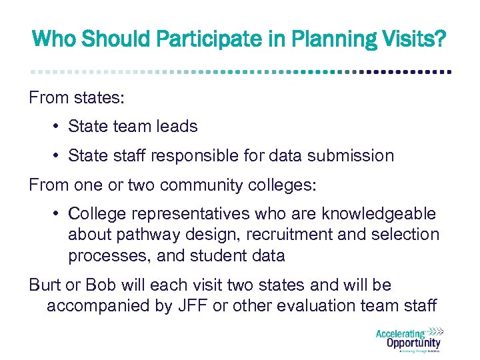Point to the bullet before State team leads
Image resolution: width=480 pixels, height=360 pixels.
pos(59,127)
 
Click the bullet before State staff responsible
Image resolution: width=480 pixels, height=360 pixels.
pos(59,156)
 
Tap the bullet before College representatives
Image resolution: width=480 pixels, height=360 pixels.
pos(59,214)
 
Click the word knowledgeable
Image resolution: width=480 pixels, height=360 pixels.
pos(379,214)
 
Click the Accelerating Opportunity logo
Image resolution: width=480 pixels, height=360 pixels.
pos(408,339)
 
